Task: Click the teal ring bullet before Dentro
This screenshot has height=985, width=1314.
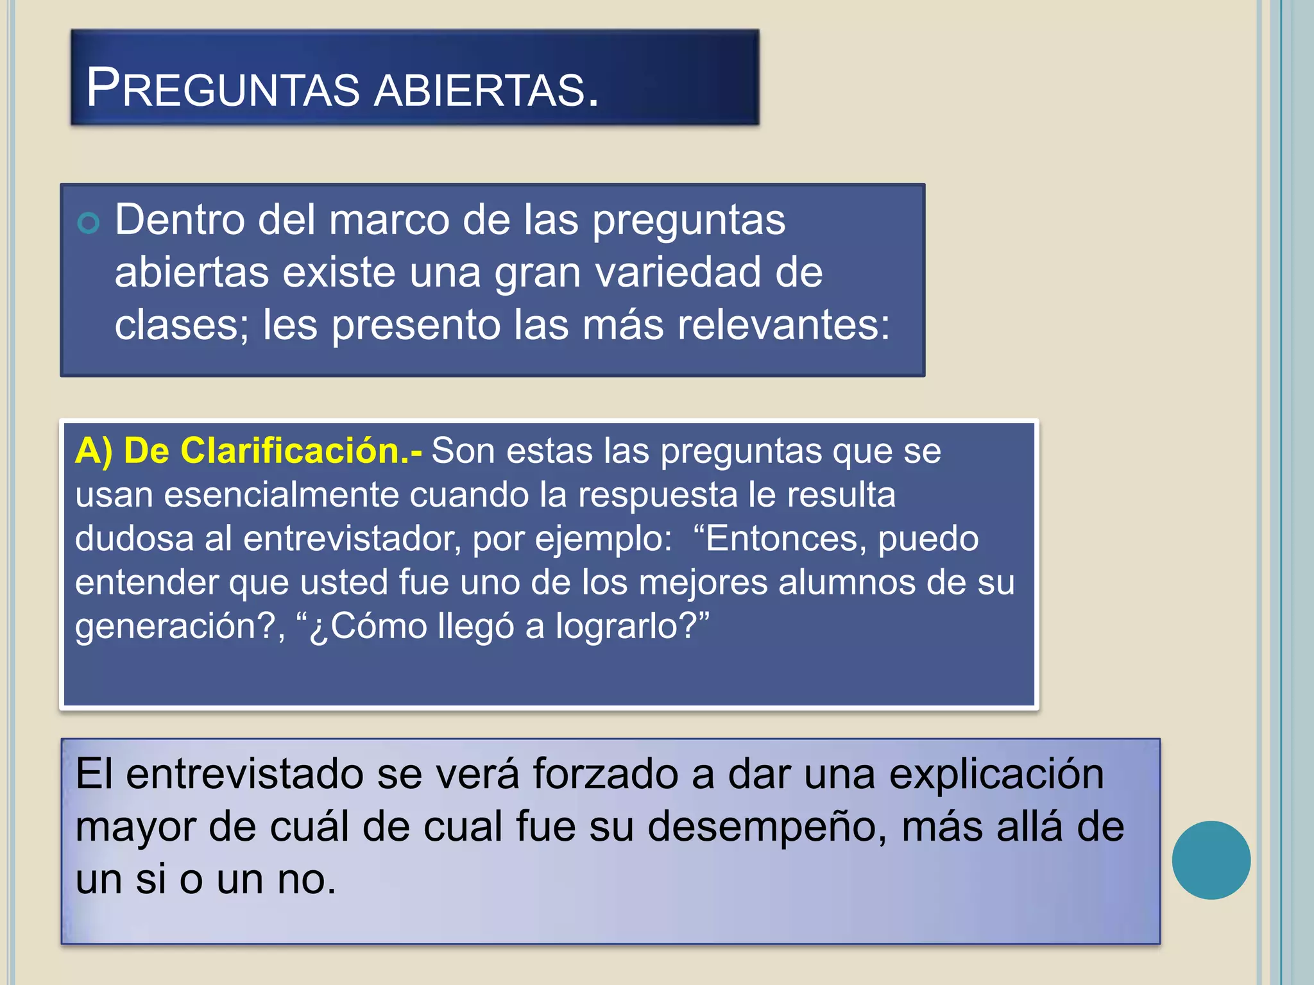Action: pos(89,223)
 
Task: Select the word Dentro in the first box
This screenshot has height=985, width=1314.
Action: pos(180,220)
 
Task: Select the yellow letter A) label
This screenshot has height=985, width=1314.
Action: pos(94,451)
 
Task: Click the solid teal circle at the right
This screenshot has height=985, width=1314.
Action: pos(1211,860)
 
